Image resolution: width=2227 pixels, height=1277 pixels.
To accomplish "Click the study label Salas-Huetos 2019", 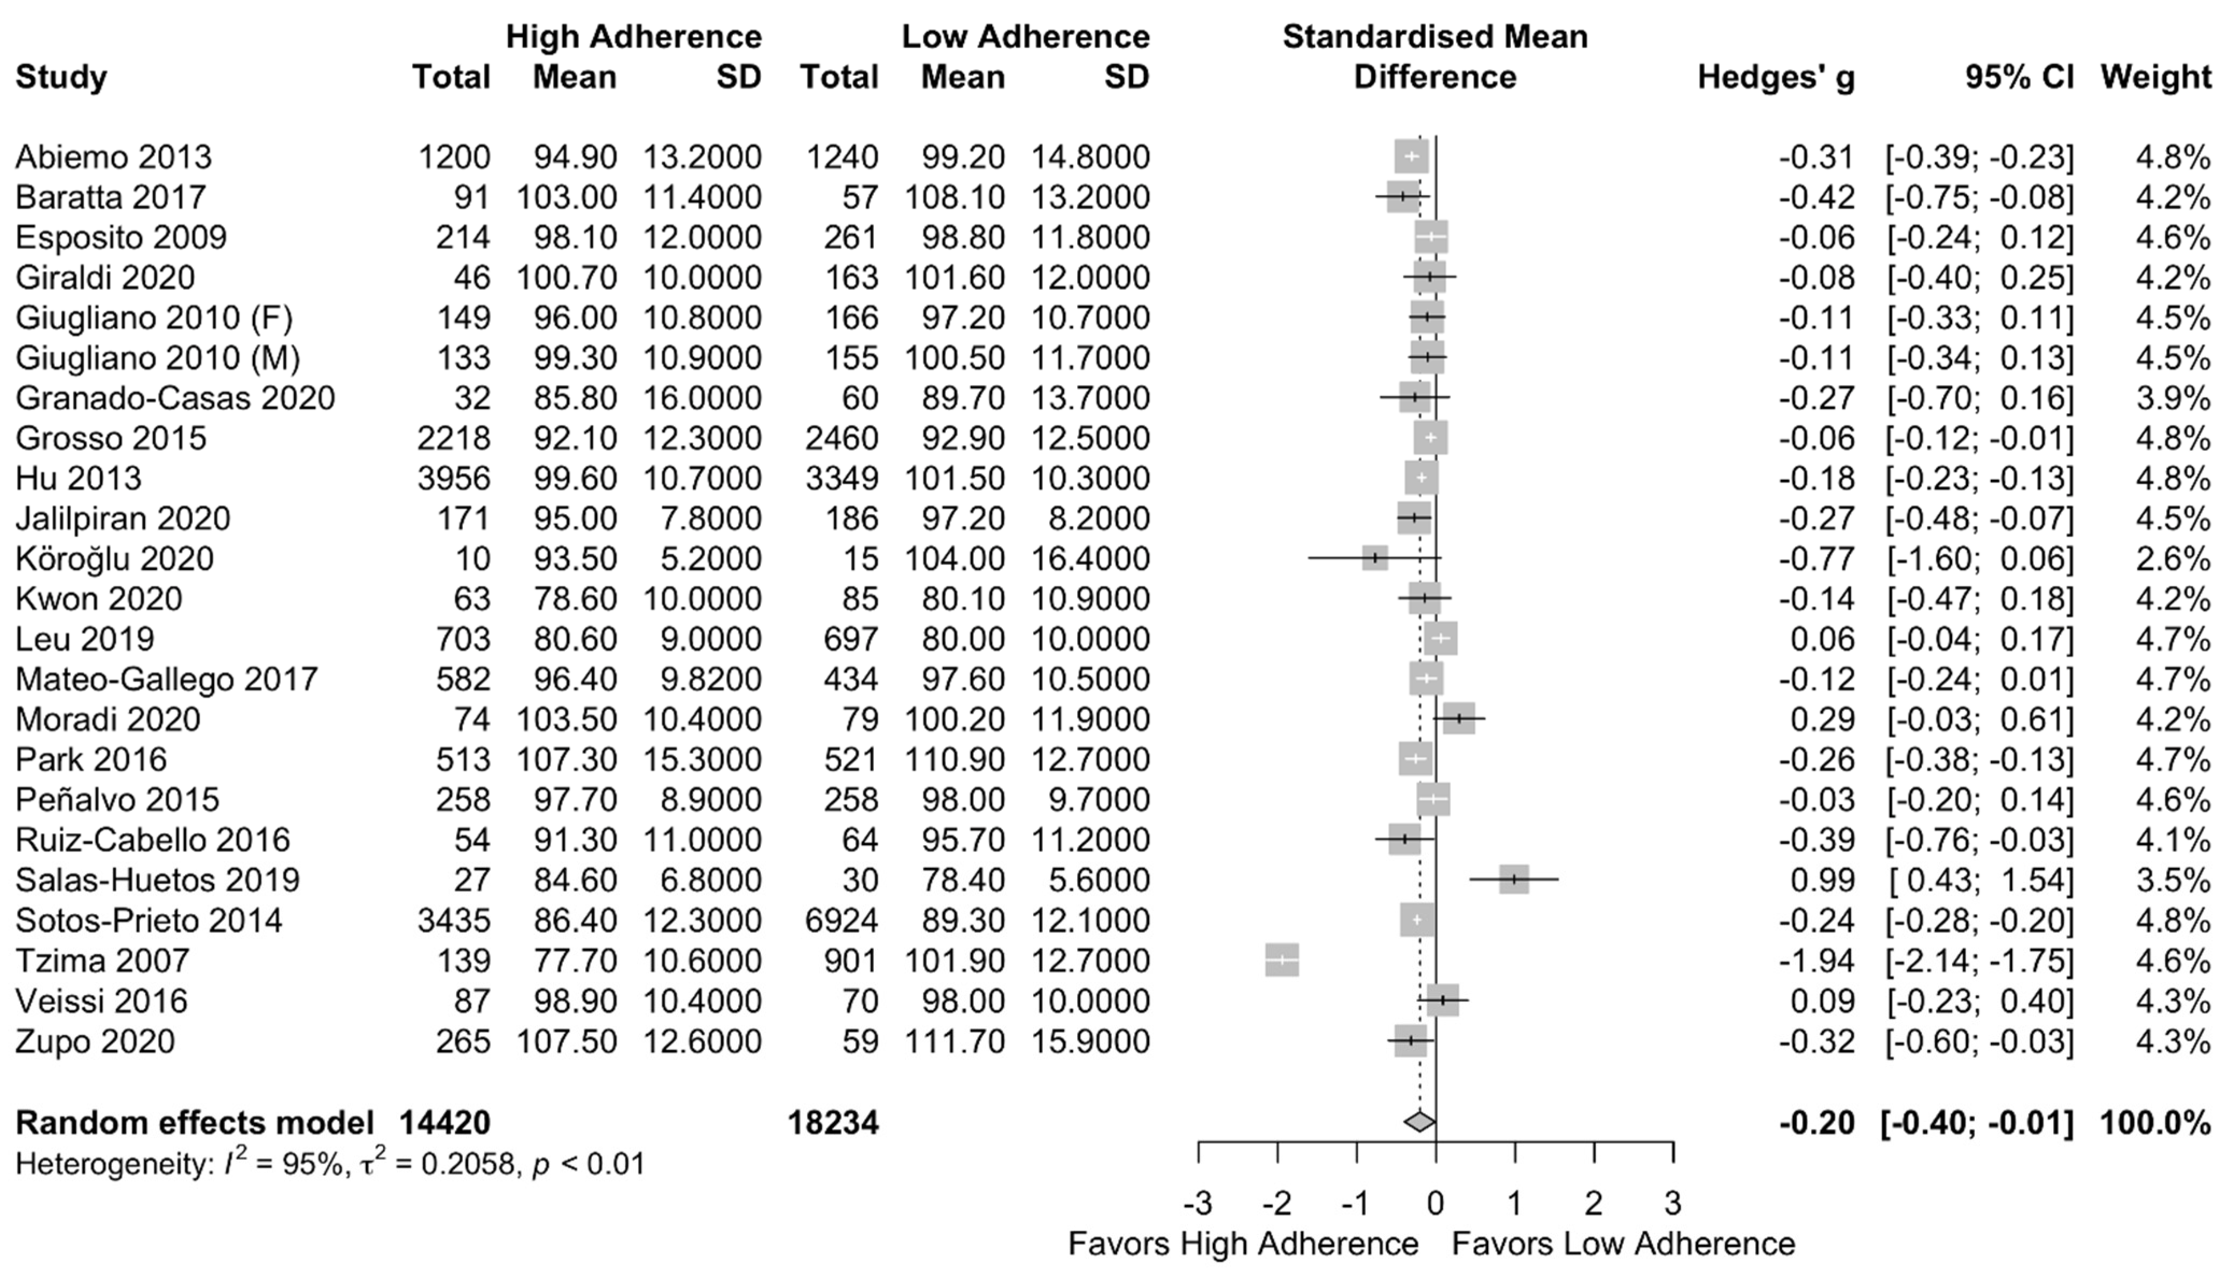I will tap(158, 879).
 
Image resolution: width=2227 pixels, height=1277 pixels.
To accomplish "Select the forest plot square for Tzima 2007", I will tap(1282, 960).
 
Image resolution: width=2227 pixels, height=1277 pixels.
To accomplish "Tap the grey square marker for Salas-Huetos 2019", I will tap(1514, 879).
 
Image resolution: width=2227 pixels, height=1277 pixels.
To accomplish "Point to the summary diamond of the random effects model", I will tap(1419, 1122).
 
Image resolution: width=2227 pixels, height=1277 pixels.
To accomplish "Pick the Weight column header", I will tap(2155, 77).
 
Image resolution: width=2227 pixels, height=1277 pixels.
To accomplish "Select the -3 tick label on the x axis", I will tap(1198, 1203).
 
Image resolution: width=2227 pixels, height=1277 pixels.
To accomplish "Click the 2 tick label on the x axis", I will tap(1594, 1203).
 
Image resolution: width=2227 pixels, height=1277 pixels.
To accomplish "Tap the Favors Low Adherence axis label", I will tap(1623, 1244).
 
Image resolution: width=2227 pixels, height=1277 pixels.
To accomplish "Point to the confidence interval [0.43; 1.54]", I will tap(1979, 879).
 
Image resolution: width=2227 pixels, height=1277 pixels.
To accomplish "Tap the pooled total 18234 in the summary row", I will tap(833, 1123).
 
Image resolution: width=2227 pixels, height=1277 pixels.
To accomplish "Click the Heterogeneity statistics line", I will tap(330, 1164).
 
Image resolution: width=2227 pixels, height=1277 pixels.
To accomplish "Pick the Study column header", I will tap(61, 77).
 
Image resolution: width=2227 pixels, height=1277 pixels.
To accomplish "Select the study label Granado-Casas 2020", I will tap(175, 398).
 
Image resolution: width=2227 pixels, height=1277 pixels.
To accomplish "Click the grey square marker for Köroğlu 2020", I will tap(1374, 559).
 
